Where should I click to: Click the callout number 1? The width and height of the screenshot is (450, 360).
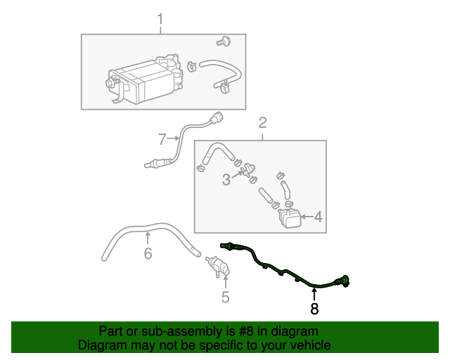pyautogui.click(x=160, y=19)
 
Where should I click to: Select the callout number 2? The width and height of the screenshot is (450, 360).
pyautogui.click(x=262, y=122)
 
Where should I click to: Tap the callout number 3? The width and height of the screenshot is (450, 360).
pyautogui.click(x=226, y=180)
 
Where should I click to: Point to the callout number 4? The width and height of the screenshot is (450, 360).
pyautogui.click(x=319, y=217)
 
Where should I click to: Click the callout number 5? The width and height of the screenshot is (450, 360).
pyautogui.click(x=226, y=297)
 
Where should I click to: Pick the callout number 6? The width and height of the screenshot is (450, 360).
pyautogui.click(x=148, y=253)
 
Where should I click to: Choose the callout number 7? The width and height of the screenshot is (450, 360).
pyautogui.click(x=162, y=139)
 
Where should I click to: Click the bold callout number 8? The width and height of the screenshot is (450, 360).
pyautogui.click(x=314, y=309)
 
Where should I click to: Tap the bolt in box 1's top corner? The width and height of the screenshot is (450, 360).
pyautogui.click(x=224, y=41)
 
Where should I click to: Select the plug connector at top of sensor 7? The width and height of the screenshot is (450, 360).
pyautogui.click(x=217, y=118)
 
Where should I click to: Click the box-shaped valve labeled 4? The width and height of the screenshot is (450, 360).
pyautogui.click(x=290, y=217)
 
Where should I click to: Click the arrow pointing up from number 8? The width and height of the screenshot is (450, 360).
pyautogui.click(x=314, y=295)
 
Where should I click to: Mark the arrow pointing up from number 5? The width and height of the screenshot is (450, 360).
pyautogui.click(x=226, y=282)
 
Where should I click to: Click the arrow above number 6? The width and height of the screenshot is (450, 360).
pyautogui.click(x=148, y=239)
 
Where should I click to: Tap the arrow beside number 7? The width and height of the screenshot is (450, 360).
pyautogui.click(x=173, y=139)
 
